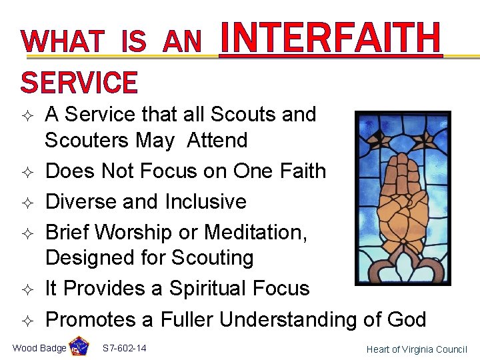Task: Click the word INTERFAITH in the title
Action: (331, 39)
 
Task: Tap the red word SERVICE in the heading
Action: (79, 83)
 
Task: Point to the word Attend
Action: (217, 141)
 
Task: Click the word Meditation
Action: (256, 232)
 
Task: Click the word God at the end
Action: (404, 319)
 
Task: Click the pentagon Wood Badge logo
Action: (79, 347)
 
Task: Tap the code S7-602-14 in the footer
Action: (125, 349)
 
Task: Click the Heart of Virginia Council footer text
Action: (417, 349)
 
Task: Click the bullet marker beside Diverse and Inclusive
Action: (27, 202)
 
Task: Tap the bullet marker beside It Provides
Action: (27, 289)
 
